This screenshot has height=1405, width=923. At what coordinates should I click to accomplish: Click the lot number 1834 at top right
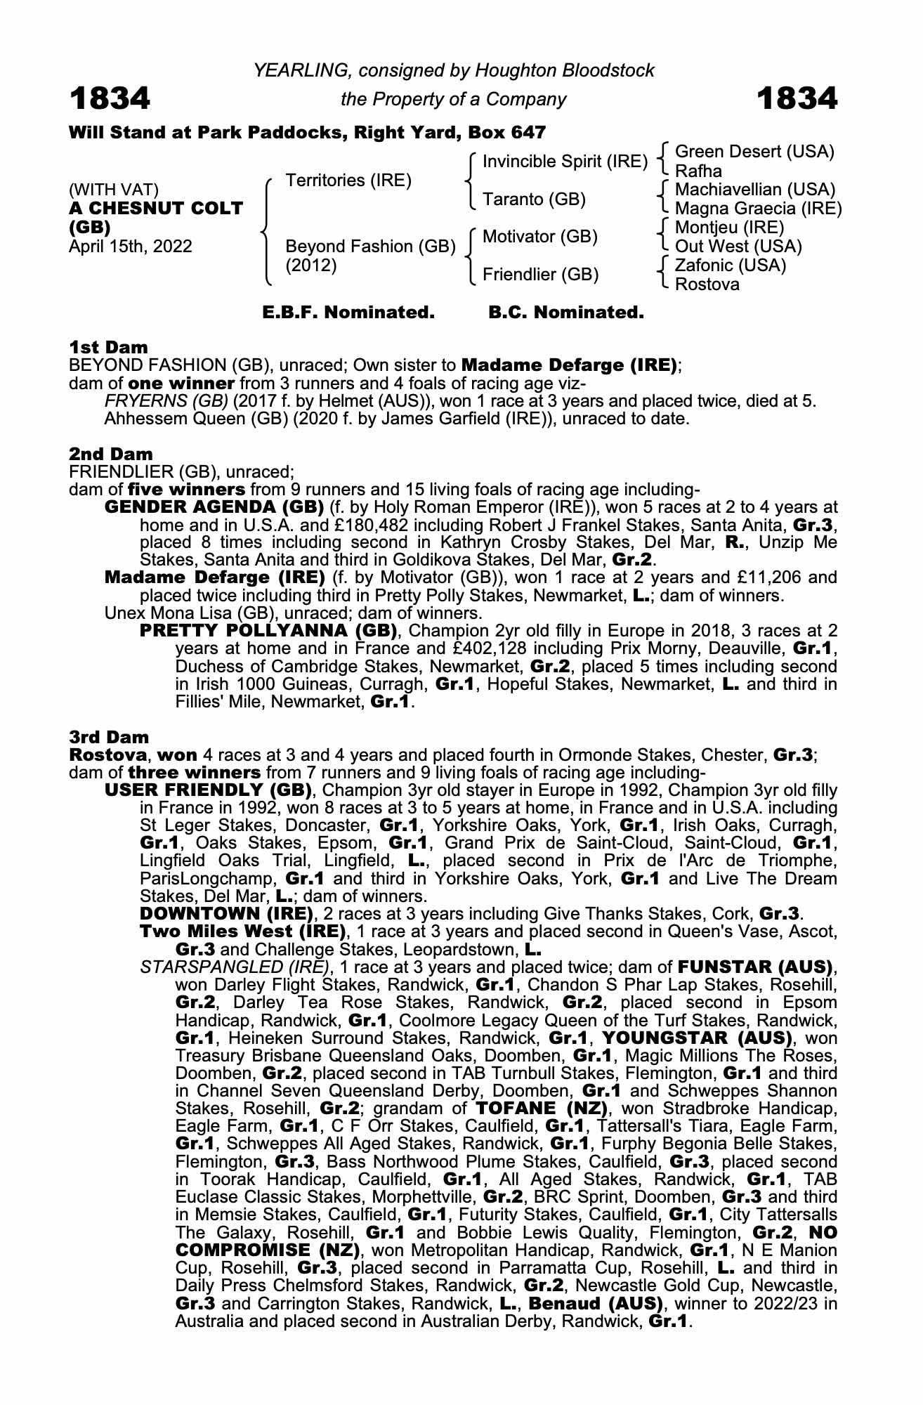(x=797, y=98)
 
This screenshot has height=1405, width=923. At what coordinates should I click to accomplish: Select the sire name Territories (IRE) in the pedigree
(x=348, y=181)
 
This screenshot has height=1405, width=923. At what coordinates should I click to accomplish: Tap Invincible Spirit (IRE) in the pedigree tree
(x=565, y=162)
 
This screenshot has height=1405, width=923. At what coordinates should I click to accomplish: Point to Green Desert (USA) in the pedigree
(x=754, y=152)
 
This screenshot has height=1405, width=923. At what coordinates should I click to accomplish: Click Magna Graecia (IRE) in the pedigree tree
(x=758, y=209)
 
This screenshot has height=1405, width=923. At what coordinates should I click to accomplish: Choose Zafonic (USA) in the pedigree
(x=731, y=266)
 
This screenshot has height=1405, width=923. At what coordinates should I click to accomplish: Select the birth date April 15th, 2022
(x=131, y=247)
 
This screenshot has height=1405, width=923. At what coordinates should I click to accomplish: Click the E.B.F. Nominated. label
(x=348, y=313)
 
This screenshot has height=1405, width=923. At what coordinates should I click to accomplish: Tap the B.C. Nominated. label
(x=566, y=313)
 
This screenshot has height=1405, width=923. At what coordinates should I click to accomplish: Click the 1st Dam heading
(x=109, y=347)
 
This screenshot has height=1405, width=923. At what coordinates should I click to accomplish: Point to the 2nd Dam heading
(x=111, y=454)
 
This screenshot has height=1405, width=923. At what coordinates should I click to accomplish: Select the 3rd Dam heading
(x=110, y=737)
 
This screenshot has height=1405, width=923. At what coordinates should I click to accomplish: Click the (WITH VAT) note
(x=114, y=190)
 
